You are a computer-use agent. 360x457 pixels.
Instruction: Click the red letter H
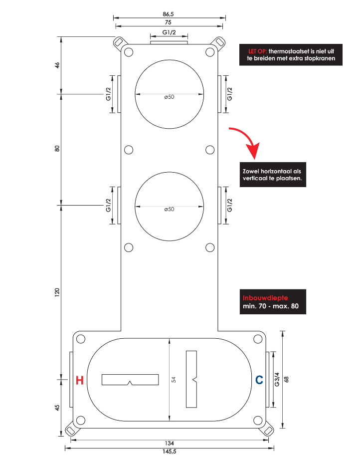[79, 380]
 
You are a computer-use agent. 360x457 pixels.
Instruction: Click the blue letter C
[259, 380]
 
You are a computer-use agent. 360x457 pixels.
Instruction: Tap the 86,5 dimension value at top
[169, 14]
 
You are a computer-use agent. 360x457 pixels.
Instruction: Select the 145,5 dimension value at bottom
[169, 452]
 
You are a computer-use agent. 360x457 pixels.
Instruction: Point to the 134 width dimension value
[169, 443]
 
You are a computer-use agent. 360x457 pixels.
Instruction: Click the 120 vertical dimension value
[57, 292]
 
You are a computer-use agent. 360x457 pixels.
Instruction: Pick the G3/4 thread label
[277, 379]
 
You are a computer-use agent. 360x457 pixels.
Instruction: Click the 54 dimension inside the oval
[174, 380]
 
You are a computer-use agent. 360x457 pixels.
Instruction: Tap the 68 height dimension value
[286, 379]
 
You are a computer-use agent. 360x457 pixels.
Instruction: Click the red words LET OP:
[257, 51]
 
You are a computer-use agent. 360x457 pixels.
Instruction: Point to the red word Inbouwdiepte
[265, 298]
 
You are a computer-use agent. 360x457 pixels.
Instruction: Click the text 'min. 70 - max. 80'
[271, 306]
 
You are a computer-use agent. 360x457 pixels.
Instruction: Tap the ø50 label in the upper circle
[169, 97]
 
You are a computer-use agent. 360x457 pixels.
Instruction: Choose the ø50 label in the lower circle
[169, 209]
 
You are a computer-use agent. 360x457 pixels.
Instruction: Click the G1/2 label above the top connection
[169, 32]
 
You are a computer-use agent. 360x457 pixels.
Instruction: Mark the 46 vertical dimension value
[57, 65]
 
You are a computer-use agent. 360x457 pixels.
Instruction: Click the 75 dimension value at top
[168, 22]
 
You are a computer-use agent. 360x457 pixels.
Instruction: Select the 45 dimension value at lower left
[57, 408]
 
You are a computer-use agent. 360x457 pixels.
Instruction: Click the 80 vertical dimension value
[57, 148]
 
